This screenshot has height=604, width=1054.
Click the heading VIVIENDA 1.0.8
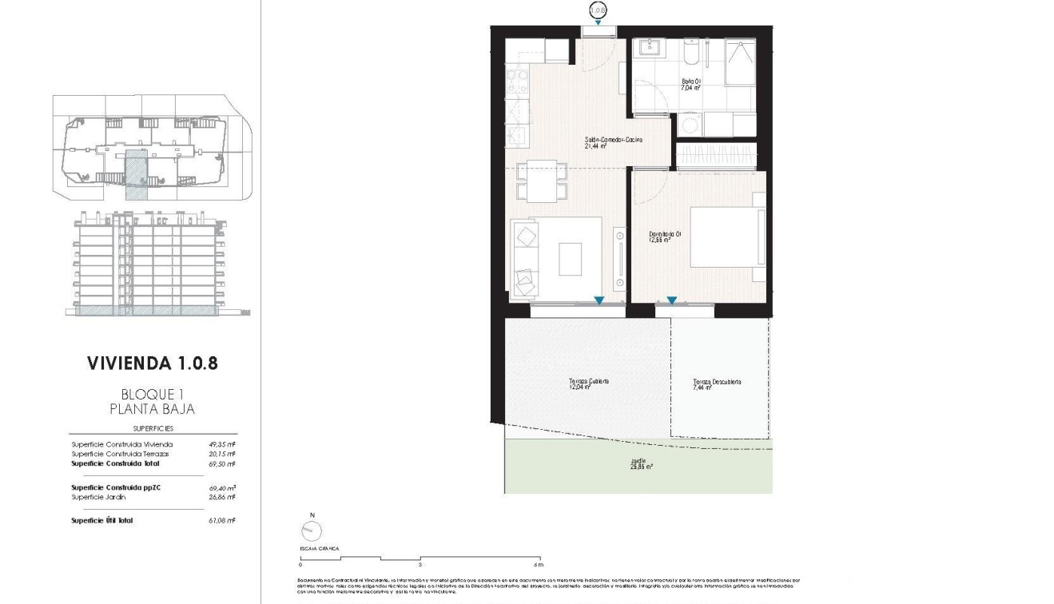pos(152,364)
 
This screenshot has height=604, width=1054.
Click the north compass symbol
pos(311,531)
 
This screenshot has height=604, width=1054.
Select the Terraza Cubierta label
pos(589,384)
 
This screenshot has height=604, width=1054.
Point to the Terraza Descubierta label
pos(717,385)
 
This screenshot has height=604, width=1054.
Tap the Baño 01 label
pos(691,85)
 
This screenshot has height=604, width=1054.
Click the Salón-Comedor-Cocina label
pos(614,142)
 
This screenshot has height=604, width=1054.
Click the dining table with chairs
pos(543,181)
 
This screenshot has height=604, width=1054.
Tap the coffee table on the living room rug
pos(570,259)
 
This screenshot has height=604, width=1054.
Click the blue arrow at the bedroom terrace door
pos(672,301)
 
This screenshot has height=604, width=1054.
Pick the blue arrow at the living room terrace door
pos(599,301)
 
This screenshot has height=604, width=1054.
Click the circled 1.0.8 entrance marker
pos(598,11)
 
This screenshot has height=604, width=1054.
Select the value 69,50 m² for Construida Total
pos(221,463)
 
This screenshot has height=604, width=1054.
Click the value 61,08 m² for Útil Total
pos(221,520)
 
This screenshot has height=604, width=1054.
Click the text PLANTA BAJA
pos(152,409)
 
